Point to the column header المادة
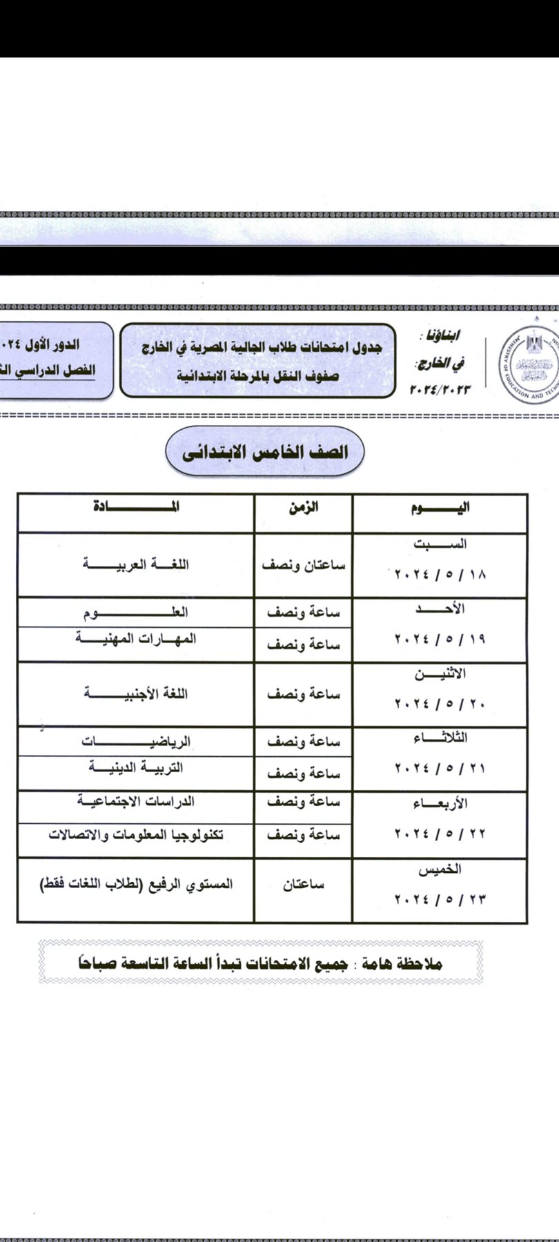click(135, 508)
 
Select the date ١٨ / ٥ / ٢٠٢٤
click(440, 574)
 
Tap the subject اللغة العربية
click(135, 564)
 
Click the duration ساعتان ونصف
click(304, 564)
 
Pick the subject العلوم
click(135, 612)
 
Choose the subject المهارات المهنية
click(135, 639)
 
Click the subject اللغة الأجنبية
click(135, 693)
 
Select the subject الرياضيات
click(135, 742)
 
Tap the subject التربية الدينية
click(135, 768)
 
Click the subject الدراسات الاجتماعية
click(135, 801)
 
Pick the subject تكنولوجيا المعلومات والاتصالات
click(135, 835)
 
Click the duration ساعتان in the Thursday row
click(304, 885)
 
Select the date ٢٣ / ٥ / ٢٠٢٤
click(440, 900)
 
